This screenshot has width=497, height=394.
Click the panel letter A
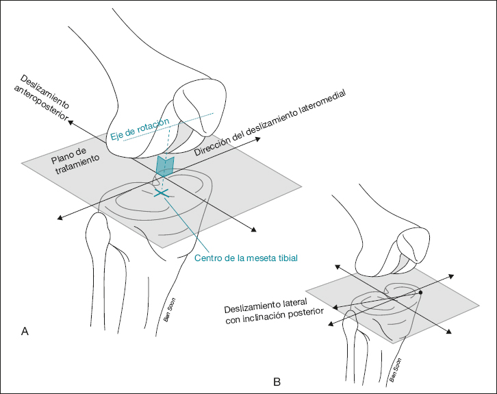pos(25,332)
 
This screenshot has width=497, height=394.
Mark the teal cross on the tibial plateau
pos(162,195)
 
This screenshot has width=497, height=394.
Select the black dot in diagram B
pos(420,293)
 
